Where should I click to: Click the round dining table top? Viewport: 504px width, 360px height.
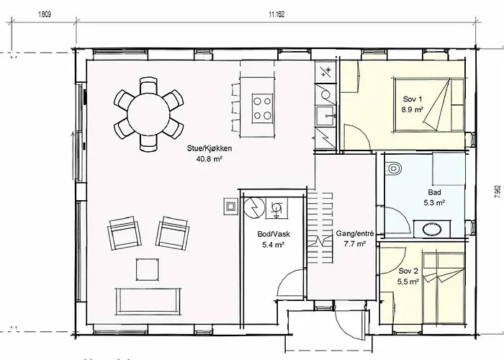(x=148, y=114)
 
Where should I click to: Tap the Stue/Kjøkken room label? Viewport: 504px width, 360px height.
(x=210, y=148)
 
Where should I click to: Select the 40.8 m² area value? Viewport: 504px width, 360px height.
(x=210, y=158)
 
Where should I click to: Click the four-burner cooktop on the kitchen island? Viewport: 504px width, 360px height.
(x=262, y=108)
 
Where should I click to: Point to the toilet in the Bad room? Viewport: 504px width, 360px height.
(x=393, y=168)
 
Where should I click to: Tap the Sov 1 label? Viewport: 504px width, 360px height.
(x=410, y=99)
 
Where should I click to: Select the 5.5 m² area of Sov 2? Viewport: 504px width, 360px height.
(x=408, y=282)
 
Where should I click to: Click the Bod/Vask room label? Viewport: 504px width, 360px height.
(x=274, y=234)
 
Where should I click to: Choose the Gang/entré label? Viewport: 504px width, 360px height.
(x=355, y=233)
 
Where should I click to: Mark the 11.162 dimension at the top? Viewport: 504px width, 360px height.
(x=276, y=14)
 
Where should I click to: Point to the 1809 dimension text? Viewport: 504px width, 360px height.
(x=45, y=14)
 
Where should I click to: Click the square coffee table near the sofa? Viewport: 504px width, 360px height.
(x=147, y=269)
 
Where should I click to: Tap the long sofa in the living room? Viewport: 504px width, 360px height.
(x=148, y=301)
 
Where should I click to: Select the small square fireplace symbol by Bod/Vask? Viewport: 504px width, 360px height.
(x=231, y=206)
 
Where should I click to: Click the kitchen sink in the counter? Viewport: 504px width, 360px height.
(x=325, y=116)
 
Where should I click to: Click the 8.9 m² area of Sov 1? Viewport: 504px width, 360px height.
(x=412, y=109)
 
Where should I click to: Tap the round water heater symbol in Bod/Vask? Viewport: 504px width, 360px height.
(x=255, y=207)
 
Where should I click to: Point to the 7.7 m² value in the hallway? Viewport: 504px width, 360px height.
(x=355, y=243)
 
